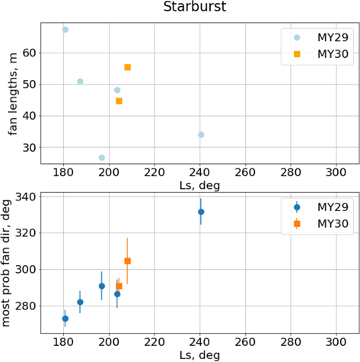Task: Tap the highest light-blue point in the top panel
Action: click(65, 30)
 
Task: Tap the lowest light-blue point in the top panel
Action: click(101, 158)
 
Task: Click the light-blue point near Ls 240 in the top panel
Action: click(201, 135)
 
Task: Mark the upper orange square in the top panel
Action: click(127, 67)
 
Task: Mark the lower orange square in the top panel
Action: click(119, 101)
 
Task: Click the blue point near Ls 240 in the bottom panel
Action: click(201, 212)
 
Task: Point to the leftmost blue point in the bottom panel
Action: click(65, 319)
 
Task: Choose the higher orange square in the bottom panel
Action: click(127, 261)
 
